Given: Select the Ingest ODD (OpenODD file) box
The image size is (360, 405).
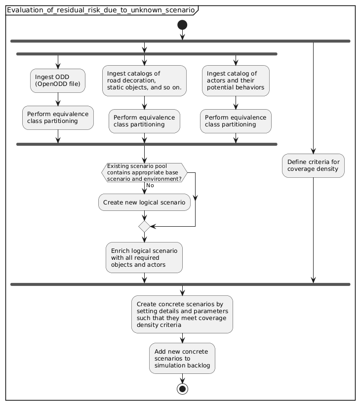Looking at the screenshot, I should (x=58, y=81).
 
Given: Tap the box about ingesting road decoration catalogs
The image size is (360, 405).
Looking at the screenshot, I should (x=144, y=81).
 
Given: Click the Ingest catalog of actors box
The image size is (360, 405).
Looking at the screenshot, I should (x=236, y=81).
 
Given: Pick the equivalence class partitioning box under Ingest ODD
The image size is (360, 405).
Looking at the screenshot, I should (x=58, y=118).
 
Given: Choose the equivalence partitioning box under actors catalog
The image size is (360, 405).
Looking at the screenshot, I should (x=236, y=121).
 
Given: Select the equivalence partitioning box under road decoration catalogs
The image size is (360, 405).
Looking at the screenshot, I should (x=144, y=121).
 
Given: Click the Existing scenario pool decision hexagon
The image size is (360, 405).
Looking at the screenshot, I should (x=144, y=172).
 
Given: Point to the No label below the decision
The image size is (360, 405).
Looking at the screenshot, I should (x=151, y=186).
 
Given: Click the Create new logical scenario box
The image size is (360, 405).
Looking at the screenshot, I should (x=144, y=202).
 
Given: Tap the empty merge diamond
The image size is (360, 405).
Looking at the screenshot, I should (x=144, y=226).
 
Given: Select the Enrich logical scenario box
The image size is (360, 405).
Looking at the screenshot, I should (x=144, y=257).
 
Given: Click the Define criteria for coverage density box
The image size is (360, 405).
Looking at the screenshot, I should (x=313, y=165).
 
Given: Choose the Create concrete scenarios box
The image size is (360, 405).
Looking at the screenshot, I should (x=182, y=314).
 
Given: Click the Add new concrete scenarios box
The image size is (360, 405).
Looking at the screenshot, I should (x=182, y=358).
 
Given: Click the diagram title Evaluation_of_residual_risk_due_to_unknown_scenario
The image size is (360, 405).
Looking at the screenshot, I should (x=100, y=10).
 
